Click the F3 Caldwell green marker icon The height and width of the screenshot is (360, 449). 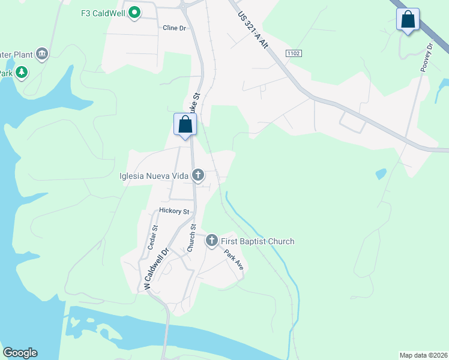coord(135,12)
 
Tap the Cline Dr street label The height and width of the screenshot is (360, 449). coord(174,28)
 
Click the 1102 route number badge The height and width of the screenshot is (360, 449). coord(294,54)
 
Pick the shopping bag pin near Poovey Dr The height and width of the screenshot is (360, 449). coord(408,20)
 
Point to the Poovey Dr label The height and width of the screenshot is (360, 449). coord(427,58)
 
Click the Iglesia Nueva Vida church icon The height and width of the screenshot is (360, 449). coord(198,175)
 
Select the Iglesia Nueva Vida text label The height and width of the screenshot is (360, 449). coord(155,175)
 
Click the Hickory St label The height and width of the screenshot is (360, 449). coord(174,211)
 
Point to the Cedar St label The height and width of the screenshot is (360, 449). coord(152,237)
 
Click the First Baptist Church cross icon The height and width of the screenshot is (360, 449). coord(211,241)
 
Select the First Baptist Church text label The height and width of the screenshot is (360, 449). coord(258,242)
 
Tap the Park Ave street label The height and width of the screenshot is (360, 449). coord(234,260)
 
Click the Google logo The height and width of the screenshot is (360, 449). coord(20,353)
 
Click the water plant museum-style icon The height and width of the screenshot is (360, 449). coord(42,55)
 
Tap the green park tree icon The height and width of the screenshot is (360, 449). coord(22,73)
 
